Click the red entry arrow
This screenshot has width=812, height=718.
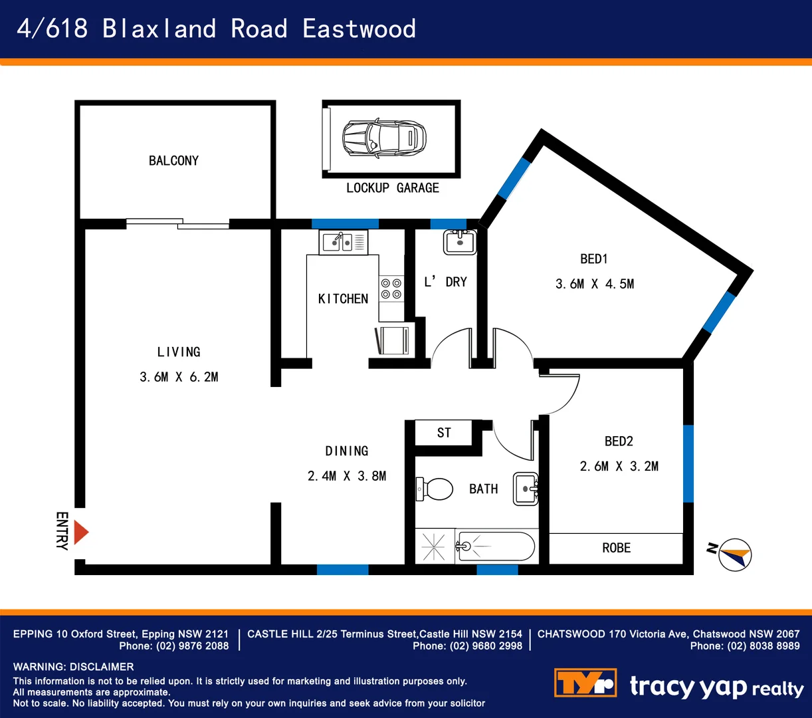coord(81,533)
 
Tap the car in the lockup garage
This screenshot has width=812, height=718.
coord(383,138)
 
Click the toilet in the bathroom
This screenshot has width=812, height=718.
coord(435,489)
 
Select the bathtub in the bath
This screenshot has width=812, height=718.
coord(495,546)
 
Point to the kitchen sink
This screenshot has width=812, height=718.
coord(343,241)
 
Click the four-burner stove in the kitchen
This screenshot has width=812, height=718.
coord(391,289)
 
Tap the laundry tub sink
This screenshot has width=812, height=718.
coord(459,243)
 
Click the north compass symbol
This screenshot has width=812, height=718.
coord(734,554)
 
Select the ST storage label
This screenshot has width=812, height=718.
coord(444,433)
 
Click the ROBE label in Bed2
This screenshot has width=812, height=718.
coord(616,548)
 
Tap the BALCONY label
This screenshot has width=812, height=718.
coord(173,161)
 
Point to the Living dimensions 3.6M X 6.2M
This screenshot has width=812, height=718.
coord(179,377)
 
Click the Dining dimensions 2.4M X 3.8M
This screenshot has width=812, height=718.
coord(346,476)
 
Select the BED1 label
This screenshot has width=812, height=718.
coord(593,259)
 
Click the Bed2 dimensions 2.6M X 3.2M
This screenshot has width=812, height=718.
coord(619,467)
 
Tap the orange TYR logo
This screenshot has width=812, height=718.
coord(585,683)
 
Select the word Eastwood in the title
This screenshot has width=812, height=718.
coord(359,29)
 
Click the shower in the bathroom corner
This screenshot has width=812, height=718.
coord(435,546)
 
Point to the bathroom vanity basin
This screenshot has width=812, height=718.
coord(526,489)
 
